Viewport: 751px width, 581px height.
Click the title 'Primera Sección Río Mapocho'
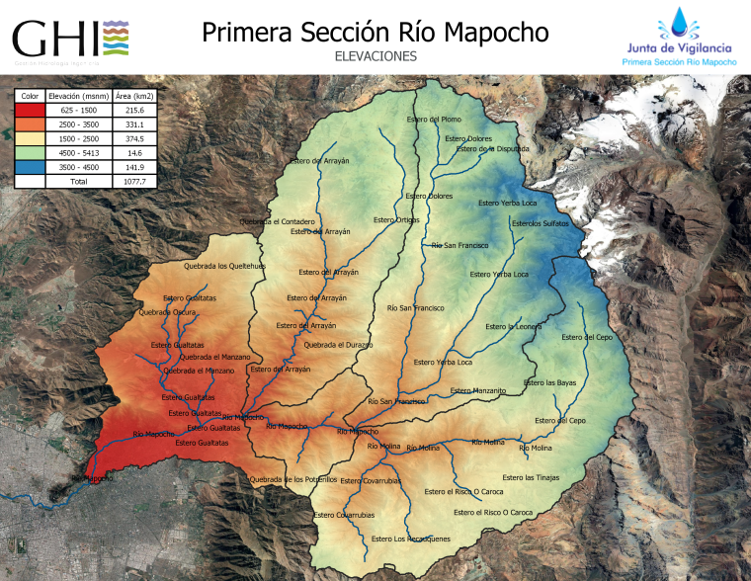point(375,33)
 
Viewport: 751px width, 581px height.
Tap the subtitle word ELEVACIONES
point(375,57)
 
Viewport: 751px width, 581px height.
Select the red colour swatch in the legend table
point(30,111)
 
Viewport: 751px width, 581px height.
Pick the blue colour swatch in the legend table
point(30,167)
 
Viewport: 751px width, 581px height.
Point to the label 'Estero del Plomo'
point(434,120)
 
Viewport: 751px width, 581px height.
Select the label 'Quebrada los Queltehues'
point(225,266)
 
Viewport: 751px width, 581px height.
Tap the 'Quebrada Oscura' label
point(165,312)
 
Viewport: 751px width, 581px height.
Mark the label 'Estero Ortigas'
point(396,219)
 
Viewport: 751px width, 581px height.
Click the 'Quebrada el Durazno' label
point(338,345)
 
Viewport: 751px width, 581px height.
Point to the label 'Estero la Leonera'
point(514,326)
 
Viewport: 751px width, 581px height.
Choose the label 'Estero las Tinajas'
point(531,477)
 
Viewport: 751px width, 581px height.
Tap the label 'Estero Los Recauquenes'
point(411,539)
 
